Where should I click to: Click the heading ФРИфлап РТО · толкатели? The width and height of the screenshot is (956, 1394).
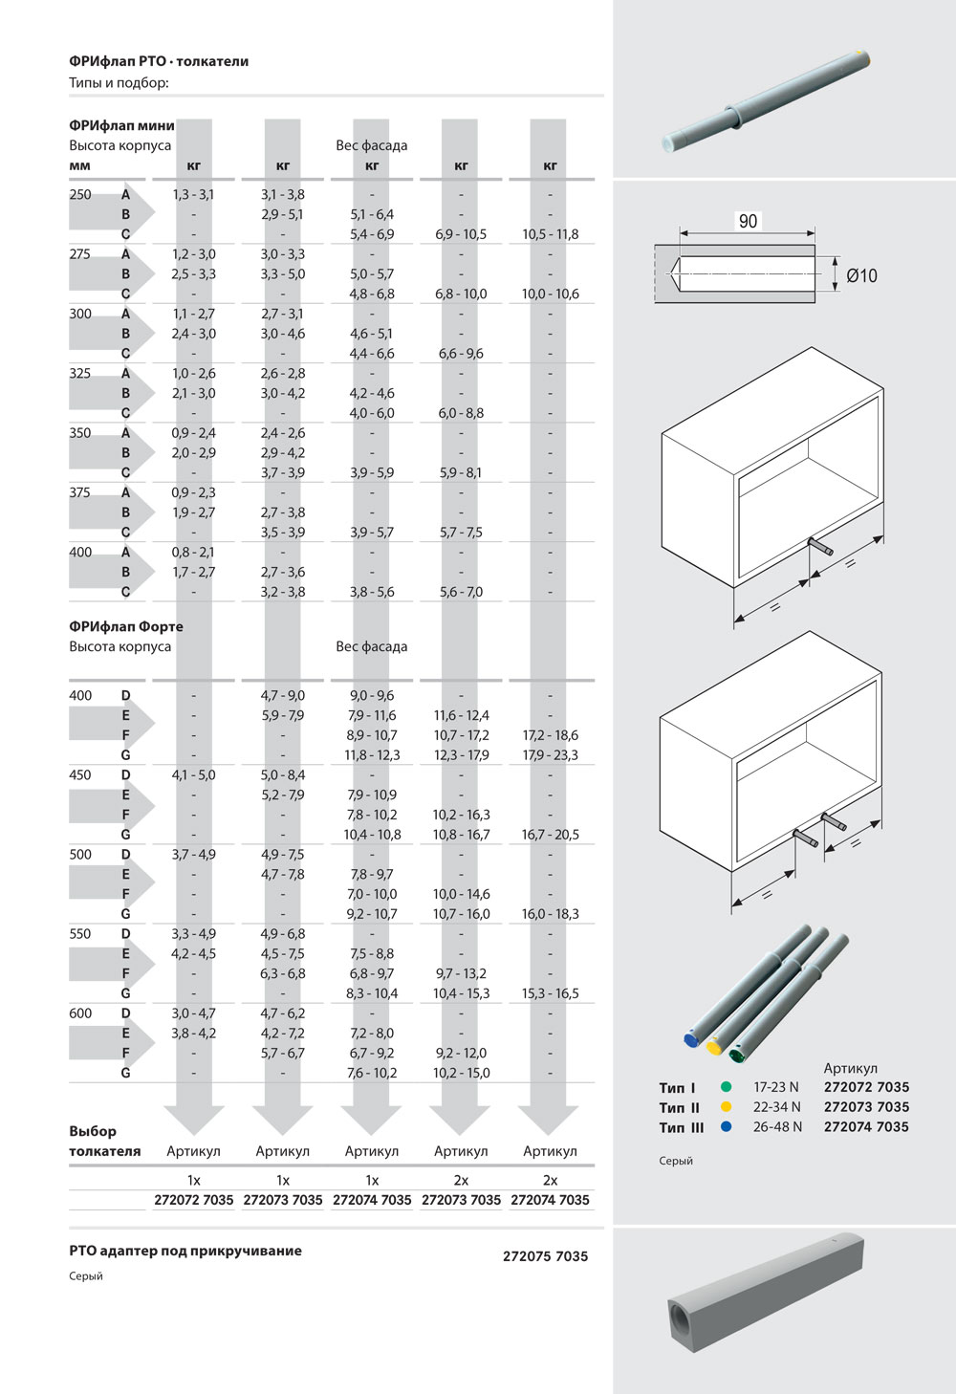[159, 61]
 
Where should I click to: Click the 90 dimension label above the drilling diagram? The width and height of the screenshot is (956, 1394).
[748, 221]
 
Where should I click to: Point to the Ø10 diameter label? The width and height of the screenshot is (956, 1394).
[861, 275]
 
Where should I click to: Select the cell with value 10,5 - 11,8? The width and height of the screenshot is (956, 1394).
[550, 234]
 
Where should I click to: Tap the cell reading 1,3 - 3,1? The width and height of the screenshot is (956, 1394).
[193, 194]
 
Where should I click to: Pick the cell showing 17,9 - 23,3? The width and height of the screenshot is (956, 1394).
[550, 755]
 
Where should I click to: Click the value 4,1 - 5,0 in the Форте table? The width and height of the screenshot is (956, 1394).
[193, 775]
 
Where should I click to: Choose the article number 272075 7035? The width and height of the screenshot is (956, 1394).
[545, 1256]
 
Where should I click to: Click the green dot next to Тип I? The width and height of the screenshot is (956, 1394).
[727, 1087]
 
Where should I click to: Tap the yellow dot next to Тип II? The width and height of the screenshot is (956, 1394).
[727, 1107]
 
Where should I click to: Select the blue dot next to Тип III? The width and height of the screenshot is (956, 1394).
[727, 1126]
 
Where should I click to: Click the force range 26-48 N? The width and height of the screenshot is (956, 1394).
[777, 1126]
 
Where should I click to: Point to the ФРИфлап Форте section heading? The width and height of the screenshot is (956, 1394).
[126, 626]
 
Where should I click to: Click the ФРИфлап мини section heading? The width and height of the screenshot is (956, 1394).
[121, 125]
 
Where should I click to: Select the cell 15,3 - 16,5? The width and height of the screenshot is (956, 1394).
[550, 993]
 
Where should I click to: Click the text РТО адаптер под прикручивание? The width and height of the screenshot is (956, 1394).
[185, 1251]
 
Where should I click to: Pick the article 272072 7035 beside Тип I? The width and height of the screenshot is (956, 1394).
[866, 1087]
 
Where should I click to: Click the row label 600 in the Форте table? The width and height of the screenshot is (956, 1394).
[80, 1013]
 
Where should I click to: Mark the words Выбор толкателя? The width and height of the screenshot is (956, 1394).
[104, 1141]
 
